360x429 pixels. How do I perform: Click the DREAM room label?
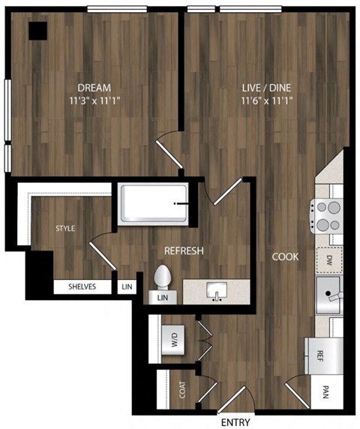94,86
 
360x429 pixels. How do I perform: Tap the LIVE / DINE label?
266,86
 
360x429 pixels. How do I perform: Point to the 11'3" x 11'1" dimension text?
94,100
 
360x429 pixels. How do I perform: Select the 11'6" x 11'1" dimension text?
266,100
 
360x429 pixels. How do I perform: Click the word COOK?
286,256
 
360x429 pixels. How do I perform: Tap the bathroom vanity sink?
217,291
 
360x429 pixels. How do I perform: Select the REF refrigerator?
319,355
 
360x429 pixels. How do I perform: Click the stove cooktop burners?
328,215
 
